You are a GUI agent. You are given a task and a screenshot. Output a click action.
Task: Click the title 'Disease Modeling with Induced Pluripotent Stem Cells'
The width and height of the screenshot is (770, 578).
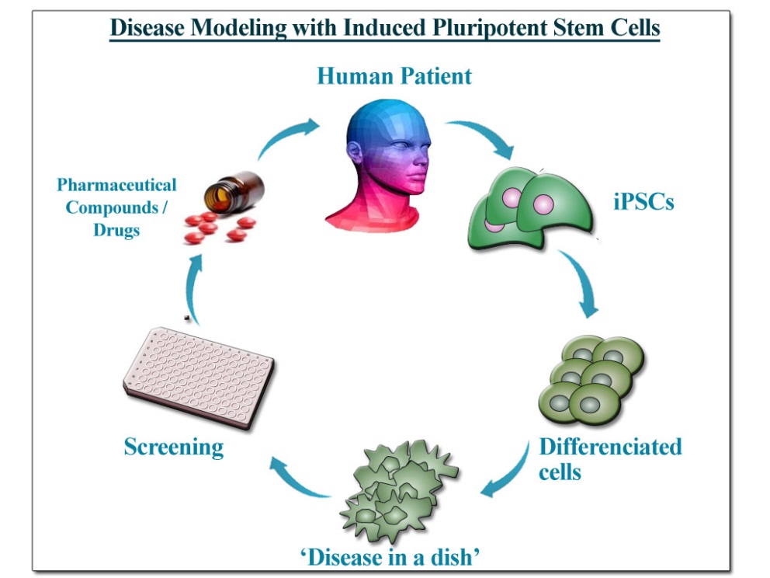(x=384, y=28)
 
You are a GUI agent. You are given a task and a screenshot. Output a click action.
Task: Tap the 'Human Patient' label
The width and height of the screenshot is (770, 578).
(x=394, y=76)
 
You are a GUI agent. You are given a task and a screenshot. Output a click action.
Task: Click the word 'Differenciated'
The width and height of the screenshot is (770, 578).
(x=610, y=447)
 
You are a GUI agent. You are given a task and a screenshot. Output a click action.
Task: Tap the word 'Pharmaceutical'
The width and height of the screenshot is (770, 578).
(x=116, y=185)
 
